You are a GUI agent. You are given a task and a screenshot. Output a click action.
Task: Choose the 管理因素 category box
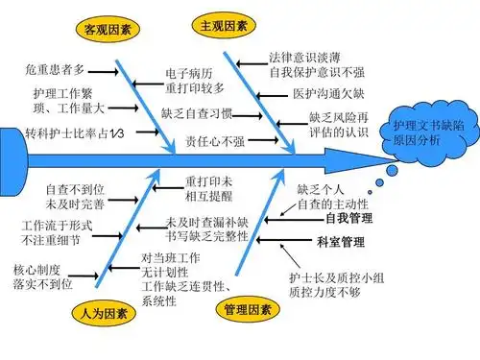coord(247,310)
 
